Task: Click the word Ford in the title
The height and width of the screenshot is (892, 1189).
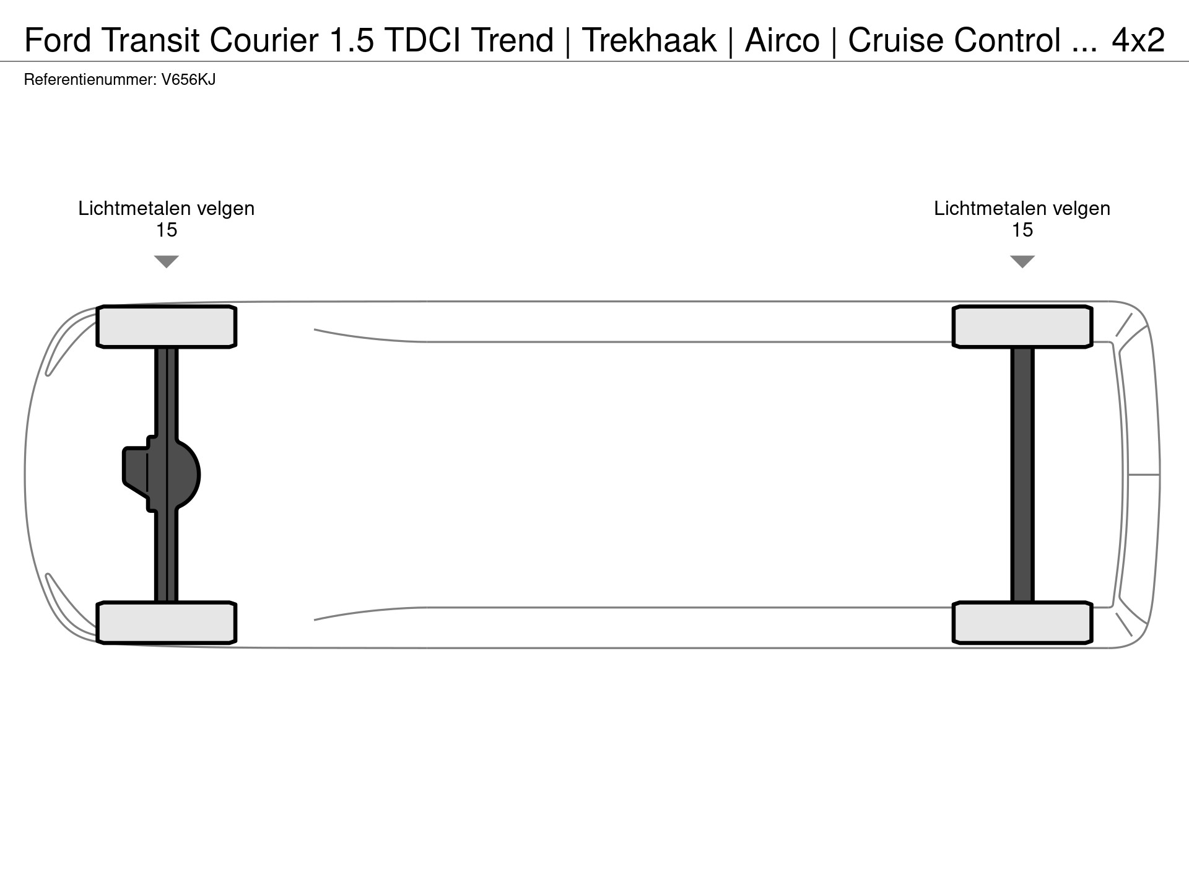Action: coord(58,40)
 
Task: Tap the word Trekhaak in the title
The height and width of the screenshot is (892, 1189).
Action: coord(649,40)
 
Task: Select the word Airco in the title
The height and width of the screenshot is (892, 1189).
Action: coord(782,40)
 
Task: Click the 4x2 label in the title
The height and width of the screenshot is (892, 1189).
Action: coord(1138,40)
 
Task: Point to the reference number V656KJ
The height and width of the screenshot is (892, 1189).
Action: coord(188,80)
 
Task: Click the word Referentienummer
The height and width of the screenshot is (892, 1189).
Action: coord(89,80)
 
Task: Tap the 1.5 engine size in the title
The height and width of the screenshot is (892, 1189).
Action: coord(352,40)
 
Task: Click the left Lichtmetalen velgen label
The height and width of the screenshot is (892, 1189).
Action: coord(166,209)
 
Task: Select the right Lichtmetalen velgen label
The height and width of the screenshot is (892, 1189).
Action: coord(1022,209)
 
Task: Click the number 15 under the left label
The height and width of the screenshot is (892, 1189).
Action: coord(166,230)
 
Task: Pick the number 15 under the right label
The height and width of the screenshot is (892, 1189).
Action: coord(1022,230)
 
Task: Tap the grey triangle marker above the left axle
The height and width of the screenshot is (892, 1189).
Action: coord(166,261)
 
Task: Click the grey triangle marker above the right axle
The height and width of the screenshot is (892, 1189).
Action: coord(1022,261)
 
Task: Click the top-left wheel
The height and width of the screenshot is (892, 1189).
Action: coord(166,326)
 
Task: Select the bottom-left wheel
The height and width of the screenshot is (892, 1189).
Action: coord(166,623)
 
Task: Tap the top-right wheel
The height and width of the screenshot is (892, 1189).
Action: coord(1022,326)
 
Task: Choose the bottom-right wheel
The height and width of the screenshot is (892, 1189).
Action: coord(1022,623)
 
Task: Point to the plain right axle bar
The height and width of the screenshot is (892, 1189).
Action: coord(1022,474)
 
